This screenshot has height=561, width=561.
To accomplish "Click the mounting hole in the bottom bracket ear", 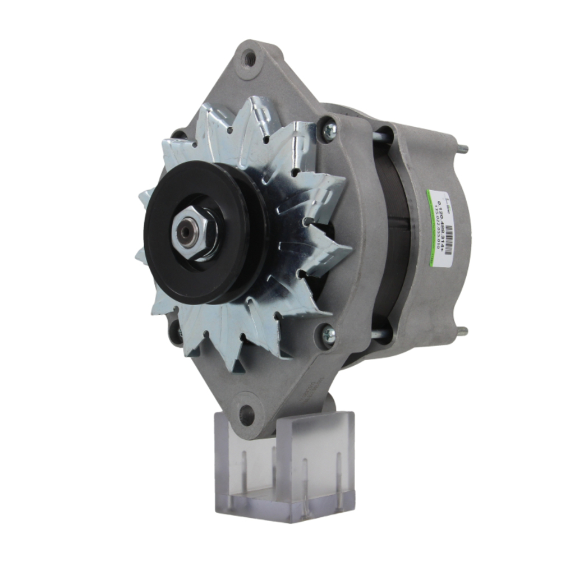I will (x=246, y=416).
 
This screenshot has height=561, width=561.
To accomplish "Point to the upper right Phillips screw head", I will (x=329, y=131).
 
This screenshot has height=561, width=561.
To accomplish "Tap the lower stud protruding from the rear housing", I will (x=463, y=332).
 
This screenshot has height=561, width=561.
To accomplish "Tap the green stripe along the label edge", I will (x=428, y=224).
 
